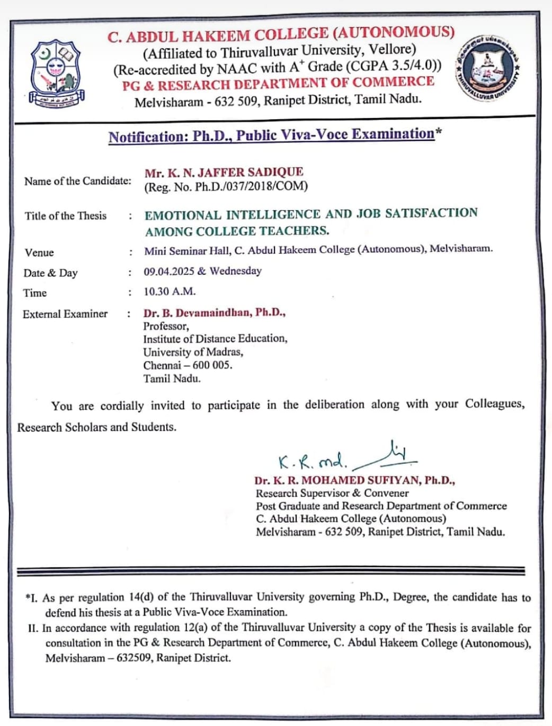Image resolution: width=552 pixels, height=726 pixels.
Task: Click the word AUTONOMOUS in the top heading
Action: coord(393,33)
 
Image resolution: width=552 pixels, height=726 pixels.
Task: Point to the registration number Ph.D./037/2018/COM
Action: coord(251,186)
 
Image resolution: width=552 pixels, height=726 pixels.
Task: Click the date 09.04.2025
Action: coord(169,272)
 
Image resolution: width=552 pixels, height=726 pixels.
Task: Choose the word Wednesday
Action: coord(236,271)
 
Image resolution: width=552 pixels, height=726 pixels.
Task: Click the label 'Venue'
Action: coord(39,253)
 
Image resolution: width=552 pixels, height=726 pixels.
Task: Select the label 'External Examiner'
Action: coord(65,314)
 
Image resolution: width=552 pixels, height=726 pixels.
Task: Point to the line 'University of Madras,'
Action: coord(193,352)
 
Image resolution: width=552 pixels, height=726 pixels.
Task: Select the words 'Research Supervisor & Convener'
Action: coord(332,493)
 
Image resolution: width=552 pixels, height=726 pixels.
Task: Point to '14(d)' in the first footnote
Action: coord(141,597)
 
